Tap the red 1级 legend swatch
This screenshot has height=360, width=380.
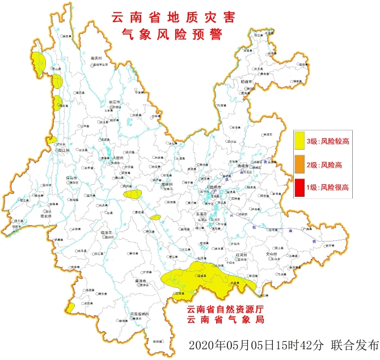pos(299,187)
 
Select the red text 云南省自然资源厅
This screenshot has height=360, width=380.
pos(226,310)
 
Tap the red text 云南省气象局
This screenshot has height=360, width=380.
pos(226,320)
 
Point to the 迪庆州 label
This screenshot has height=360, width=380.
pos(96,58)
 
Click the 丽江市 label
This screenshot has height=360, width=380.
pos(115,101)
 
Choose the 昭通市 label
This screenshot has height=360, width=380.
pos(246,82)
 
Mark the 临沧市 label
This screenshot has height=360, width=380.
pos(107,232)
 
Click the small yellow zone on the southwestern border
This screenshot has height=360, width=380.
pos(70,308)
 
